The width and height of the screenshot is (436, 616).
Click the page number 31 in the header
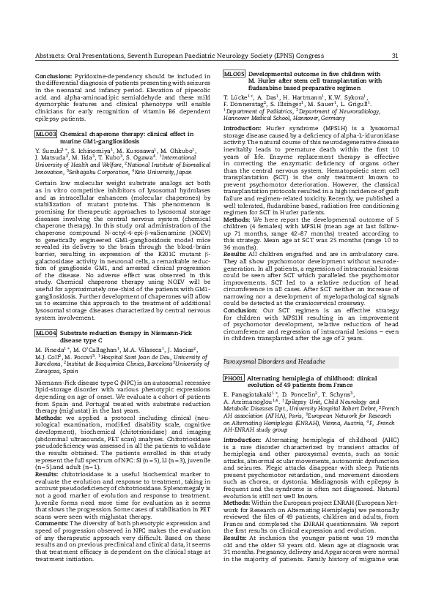click(x=395, y=56)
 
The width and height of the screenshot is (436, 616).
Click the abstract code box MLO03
click(x=45, y=135)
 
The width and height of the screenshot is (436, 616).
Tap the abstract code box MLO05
click(x=234, y=75)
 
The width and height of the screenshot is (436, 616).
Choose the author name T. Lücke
click(x=236, y=97)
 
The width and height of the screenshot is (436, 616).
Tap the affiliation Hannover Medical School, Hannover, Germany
click(x=276, y=117)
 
